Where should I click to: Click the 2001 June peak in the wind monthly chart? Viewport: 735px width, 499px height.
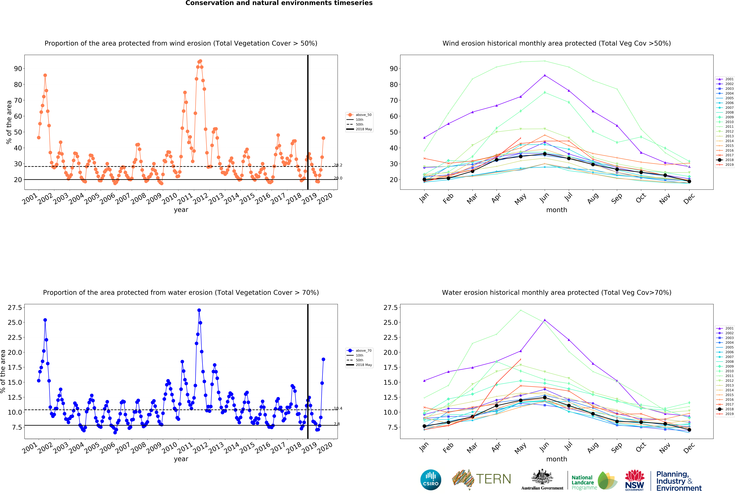pos(545,75)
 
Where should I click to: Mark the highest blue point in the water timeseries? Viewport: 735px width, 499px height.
pos(199,310)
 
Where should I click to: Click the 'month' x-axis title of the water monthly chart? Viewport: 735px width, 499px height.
pos(557,459)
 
